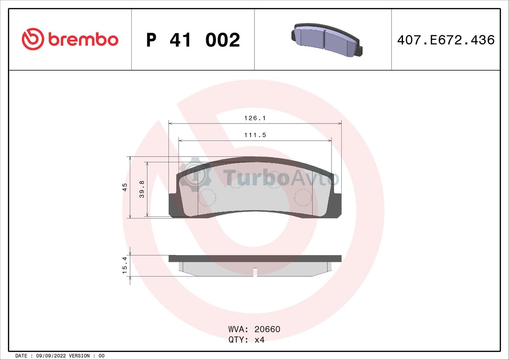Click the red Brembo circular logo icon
[x=33, y=39]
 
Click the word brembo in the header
[x=83, y=40]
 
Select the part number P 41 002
[x=193, y=40]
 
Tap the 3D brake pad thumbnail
[x=327, y=40]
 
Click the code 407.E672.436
[x=446, y=40]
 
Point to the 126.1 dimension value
[x=255, y=118]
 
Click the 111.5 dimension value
[x=255, y=135]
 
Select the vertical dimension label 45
[x=125, y=187]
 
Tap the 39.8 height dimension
[x=142, y=189]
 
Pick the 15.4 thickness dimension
[x=125, y=265]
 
